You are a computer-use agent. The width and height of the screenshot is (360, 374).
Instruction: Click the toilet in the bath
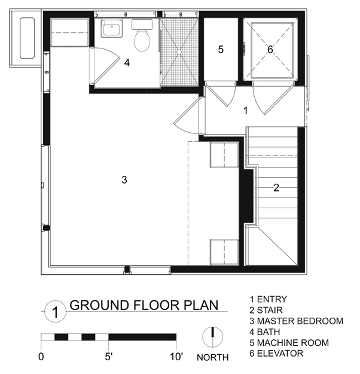(x=143, y=39)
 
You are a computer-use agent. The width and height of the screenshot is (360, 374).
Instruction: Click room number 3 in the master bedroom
(x=124, y=180)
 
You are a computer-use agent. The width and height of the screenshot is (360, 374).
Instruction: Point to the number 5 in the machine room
(x=220, y=50)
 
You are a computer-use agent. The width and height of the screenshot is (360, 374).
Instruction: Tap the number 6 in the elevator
(x=270, y=50)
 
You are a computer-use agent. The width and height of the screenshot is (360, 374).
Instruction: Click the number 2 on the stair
(x=276, y=187)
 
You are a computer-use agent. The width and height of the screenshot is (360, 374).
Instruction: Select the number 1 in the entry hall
(x=245, y=110)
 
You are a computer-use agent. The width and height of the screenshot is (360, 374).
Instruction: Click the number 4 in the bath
(x=127, y=62)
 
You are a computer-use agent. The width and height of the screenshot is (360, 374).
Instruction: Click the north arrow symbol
(x=212, y=337)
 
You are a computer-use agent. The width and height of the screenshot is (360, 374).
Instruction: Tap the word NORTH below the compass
(x=212, y=358)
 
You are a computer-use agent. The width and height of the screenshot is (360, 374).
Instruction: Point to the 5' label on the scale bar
(x=109, y=358)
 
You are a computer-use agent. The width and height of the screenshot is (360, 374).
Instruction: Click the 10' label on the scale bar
(x=175, y=358)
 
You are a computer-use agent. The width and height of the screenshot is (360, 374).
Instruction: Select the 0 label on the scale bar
(x=41, y=358)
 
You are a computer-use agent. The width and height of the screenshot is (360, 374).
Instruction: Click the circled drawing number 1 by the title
(x=54, y=312)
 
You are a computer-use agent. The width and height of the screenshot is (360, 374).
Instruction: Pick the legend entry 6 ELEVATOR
(x=276, y=354)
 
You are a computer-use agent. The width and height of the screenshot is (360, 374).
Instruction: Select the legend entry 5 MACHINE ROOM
(x=289, y=343)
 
